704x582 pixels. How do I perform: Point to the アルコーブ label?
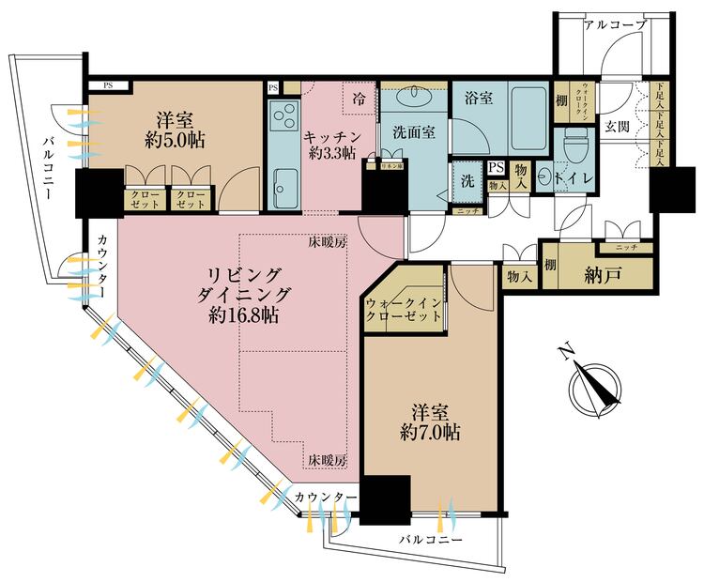point(615,25)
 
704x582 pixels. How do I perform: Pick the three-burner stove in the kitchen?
point(283,119)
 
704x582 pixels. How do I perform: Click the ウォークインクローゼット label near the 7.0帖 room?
point(403,309)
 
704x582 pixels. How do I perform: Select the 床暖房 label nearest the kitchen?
point(328,242)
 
